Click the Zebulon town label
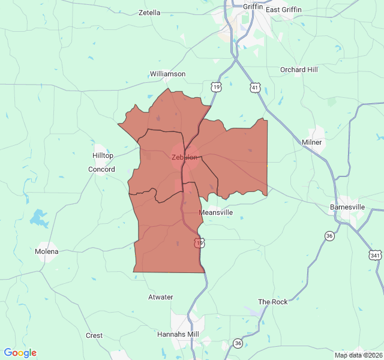point(184,157)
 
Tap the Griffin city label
point(253,7)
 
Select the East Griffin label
point(284,10)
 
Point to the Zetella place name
point(149,13)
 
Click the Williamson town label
point(167,74)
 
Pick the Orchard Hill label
point(299,70)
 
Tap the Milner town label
point(312,142)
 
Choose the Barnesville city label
point(347,207)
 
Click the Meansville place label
point(215,212)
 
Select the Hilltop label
point(103,155)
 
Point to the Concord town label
point(101,169)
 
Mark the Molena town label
point(47,251)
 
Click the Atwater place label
point(160,297)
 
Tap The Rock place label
point(273,302)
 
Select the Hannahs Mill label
point(178,334)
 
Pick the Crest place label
point(94,335)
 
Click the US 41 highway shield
point(255,88)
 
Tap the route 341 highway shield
point(376,255)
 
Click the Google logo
point(20,353)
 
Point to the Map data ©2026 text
point(358,355)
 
